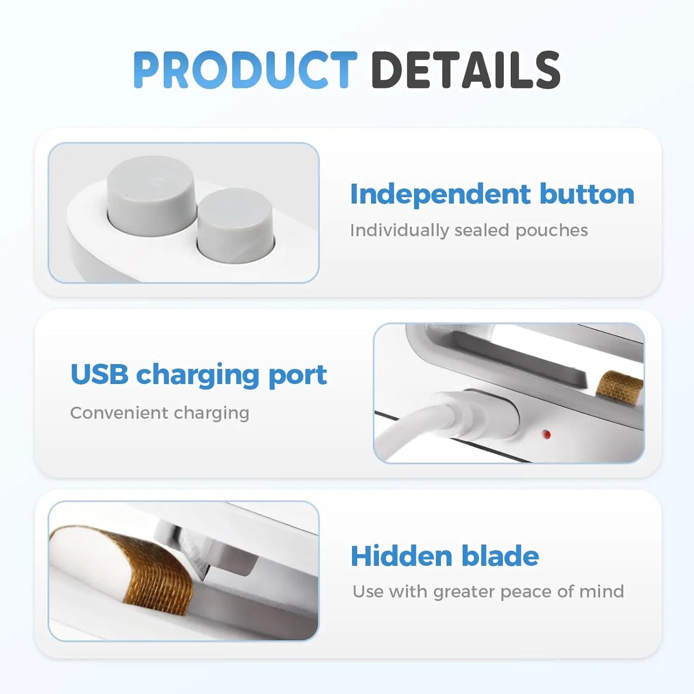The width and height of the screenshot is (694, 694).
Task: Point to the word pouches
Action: [551, 230]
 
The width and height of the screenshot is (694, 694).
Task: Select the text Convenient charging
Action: [160, 413]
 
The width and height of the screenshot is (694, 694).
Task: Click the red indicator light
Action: [546, 434]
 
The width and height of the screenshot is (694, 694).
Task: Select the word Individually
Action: [399, 230]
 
